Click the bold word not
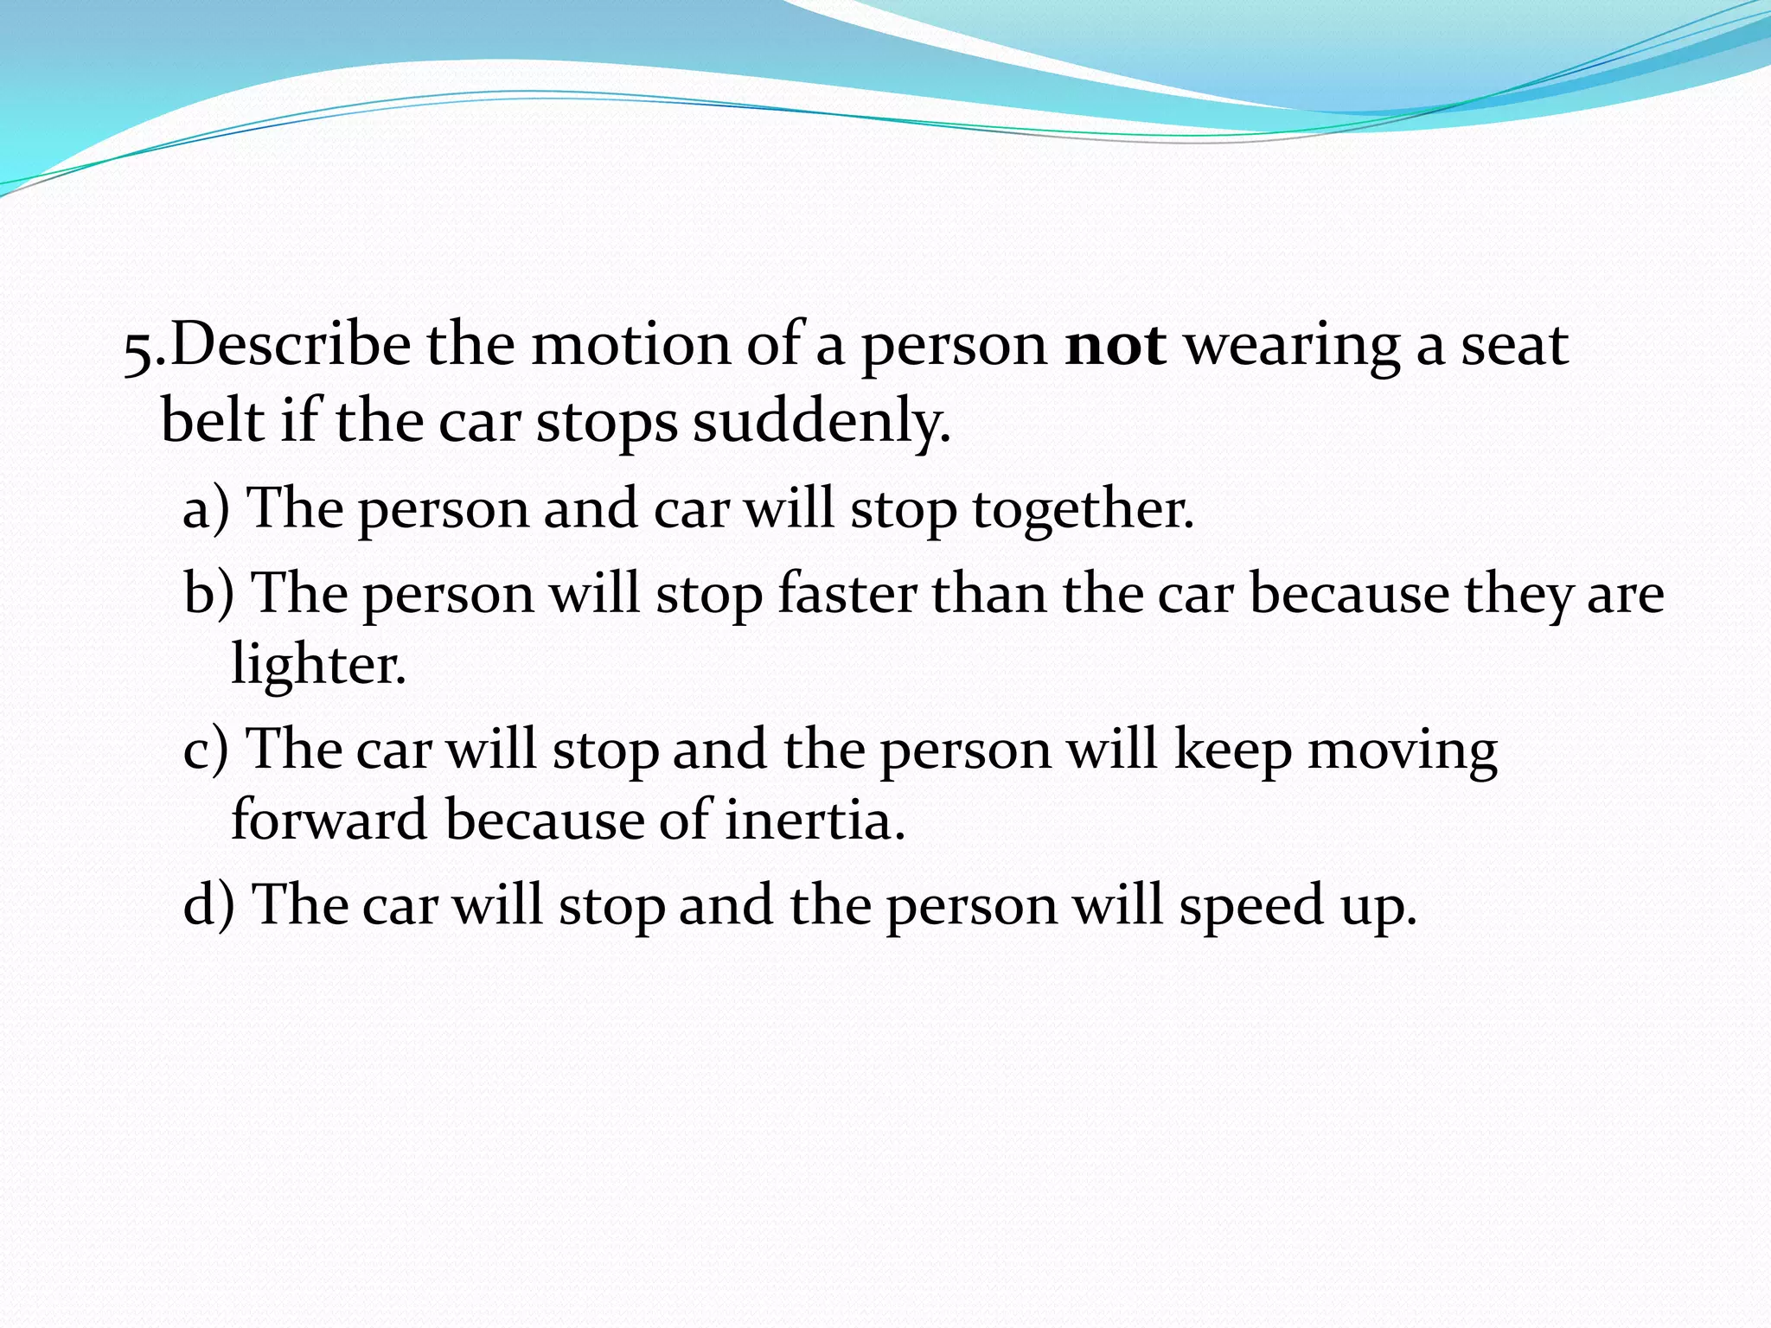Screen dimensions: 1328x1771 (x=1116, y=346)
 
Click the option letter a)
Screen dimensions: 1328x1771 (x=207, y=508)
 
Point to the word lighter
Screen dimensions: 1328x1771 (x=317, y=666)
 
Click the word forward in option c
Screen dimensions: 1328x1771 (x=329, y=820)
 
